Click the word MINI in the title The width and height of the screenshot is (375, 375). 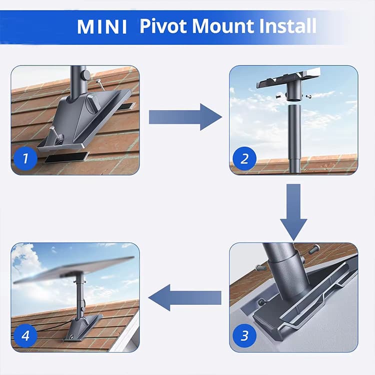pyautogui.click(x=102, y=26)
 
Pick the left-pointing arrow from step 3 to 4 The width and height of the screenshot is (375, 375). pyautogui.click(x=185, y=297)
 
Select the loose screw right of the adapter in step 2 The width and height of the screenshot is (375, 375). pyautogui.click(x=308, y=95)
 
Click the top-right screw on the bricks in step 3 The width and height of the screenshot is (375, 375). pyautogui.click(x=313, y=249)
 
